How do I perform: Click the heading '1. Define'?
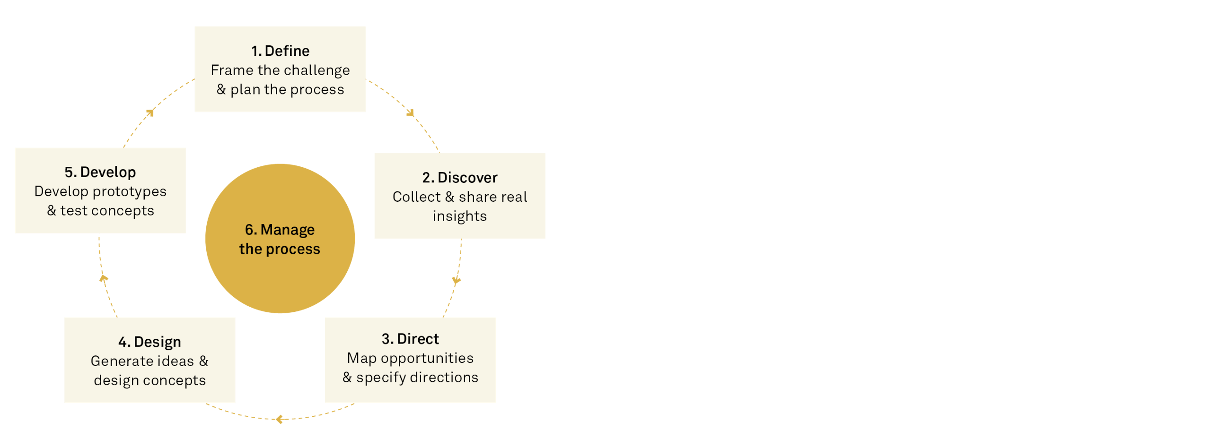click(x=280, y=51)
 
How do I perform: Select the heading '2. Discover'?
click(x=459, y=178)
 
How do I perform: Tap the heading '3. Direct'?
click(x=410, y=339)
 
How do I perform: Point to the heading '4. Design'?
click(x=149, y=342)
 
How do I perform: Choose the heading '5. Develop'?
click(x=100, y=172)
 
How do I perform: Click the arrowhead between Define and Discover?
click(x=410, y=113)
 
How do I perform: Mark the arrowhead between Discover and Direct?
click(x=457, y=281)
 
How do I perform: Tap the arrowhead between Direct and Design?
click(x=279, y=420)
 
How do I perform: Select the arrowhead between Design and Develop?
click(x=103, y=278)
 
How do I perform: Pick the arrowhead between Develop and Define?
click(x=150, y=112)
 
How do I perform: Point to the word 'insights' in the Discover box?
click(x=459, y=216)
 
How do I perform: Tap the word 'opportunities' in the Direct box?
click(x=427, y=358)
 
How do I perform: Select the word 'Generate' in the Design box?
click(x=116, y=361)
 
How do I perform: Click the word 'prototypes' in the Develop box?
click(x=136, y=191)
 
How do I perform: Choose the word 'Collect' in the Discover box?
click(x=416, y=197)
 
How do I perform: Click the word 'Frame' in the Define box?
click(x=232, y=70)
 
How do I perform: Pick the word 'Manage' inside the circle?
click(x=288, y=230)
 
